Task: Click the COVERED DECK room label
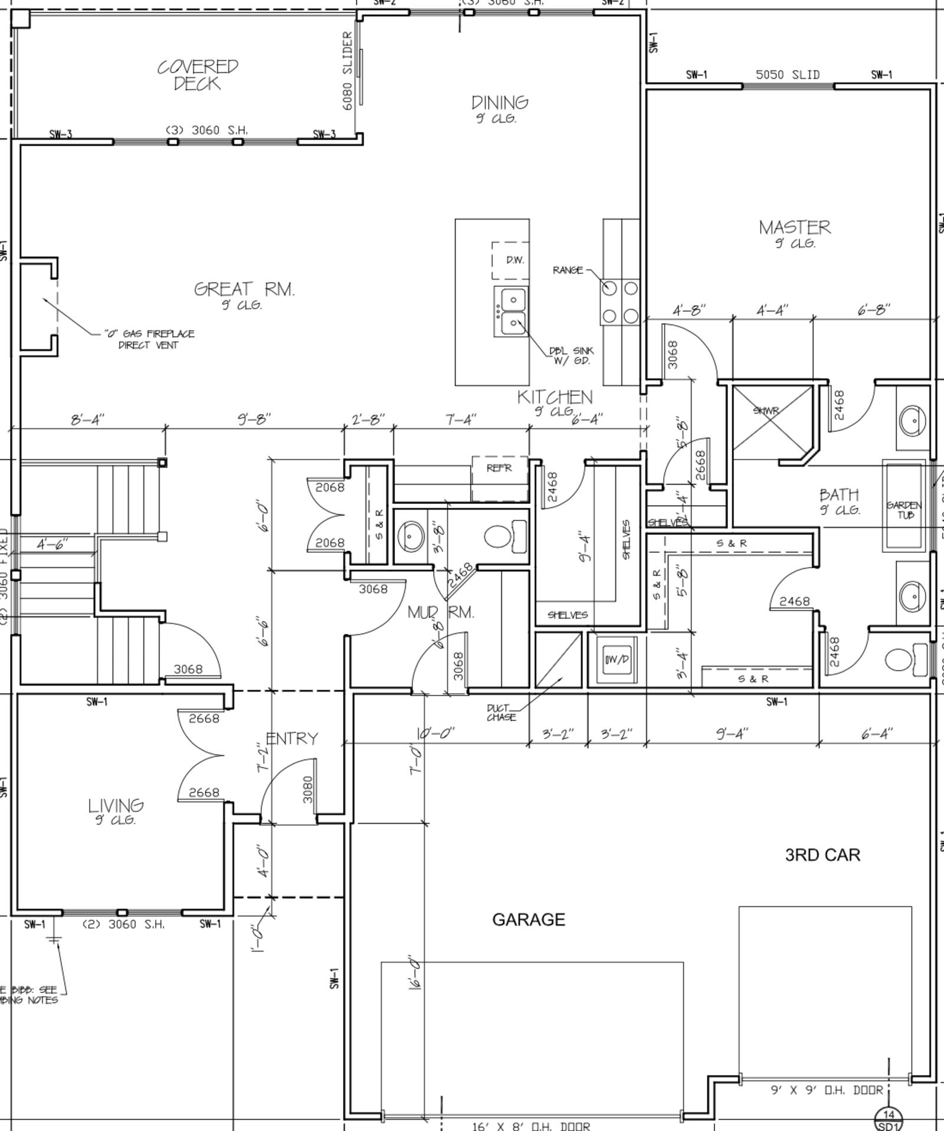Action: click(x=197, y=75)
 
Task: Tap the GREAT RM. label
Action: click(x=244, y=290)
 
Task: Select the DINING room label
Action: click(x=499, y=103)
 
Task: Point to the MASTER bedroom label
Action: click(x=794, y=227)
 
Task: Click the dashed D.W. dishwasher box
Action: click(x=511, y=260)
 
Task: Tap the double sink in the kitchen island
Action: click(x=511, y=311)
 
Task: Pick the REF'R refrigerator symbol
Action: click(x=499, y=469)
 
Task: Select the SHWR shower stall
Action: click(x=772, y=421)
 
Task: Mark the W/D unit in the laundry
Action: click(x=616, y=659)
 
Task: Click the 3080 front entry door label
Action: click(x=307, y=789)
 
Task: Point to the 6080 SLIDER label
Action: click(x=348, y=71)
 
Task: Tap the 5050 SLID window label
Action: click(x=787, y=75)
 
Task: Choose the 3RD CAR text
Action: click(x=822, y=855)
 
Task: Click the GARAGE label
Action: click(x=528, y=920)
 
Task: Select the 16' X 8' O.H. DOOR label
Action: click(x=530, y=1126)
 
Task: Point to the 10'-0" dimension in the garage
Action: click(x=435, y=733)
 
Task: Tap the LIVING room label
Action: click(x=116, y=805)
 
